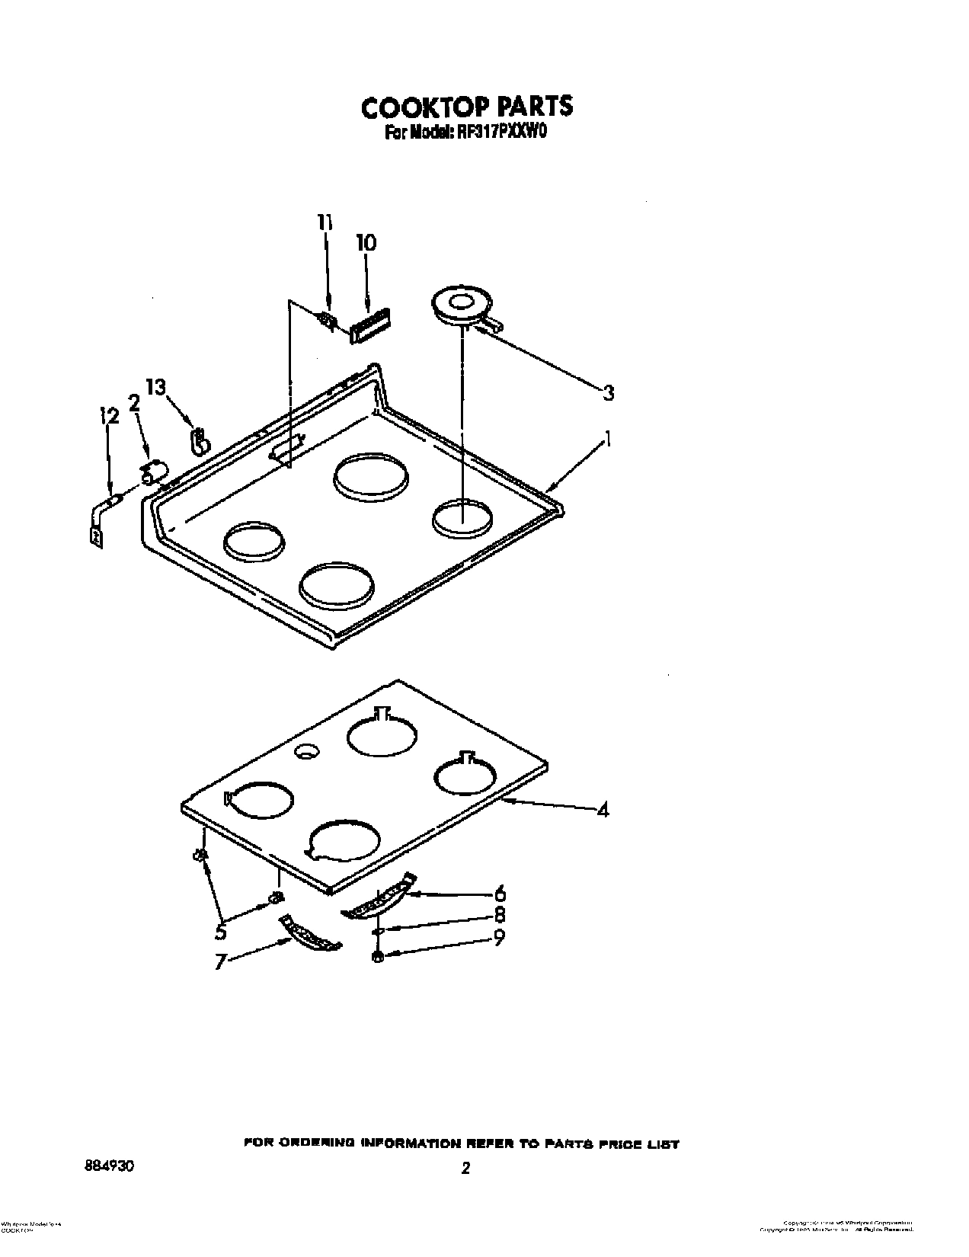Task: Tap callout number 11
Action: (325, 222)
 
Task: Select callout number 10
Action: (366, 243)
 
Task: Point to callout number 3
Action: (608, 393)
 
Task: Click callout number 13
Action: (155, 388)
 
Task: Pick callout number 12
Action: (109, 416)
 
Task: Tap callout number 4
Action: (603, 811)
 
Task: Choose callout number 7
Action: (221, 962)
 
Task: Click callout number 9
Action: (498, 939)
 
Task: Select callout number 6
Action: (500, 893)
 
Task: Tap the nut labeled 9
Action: (377, 957)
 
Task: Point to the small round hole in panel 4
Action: (306, 752)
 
